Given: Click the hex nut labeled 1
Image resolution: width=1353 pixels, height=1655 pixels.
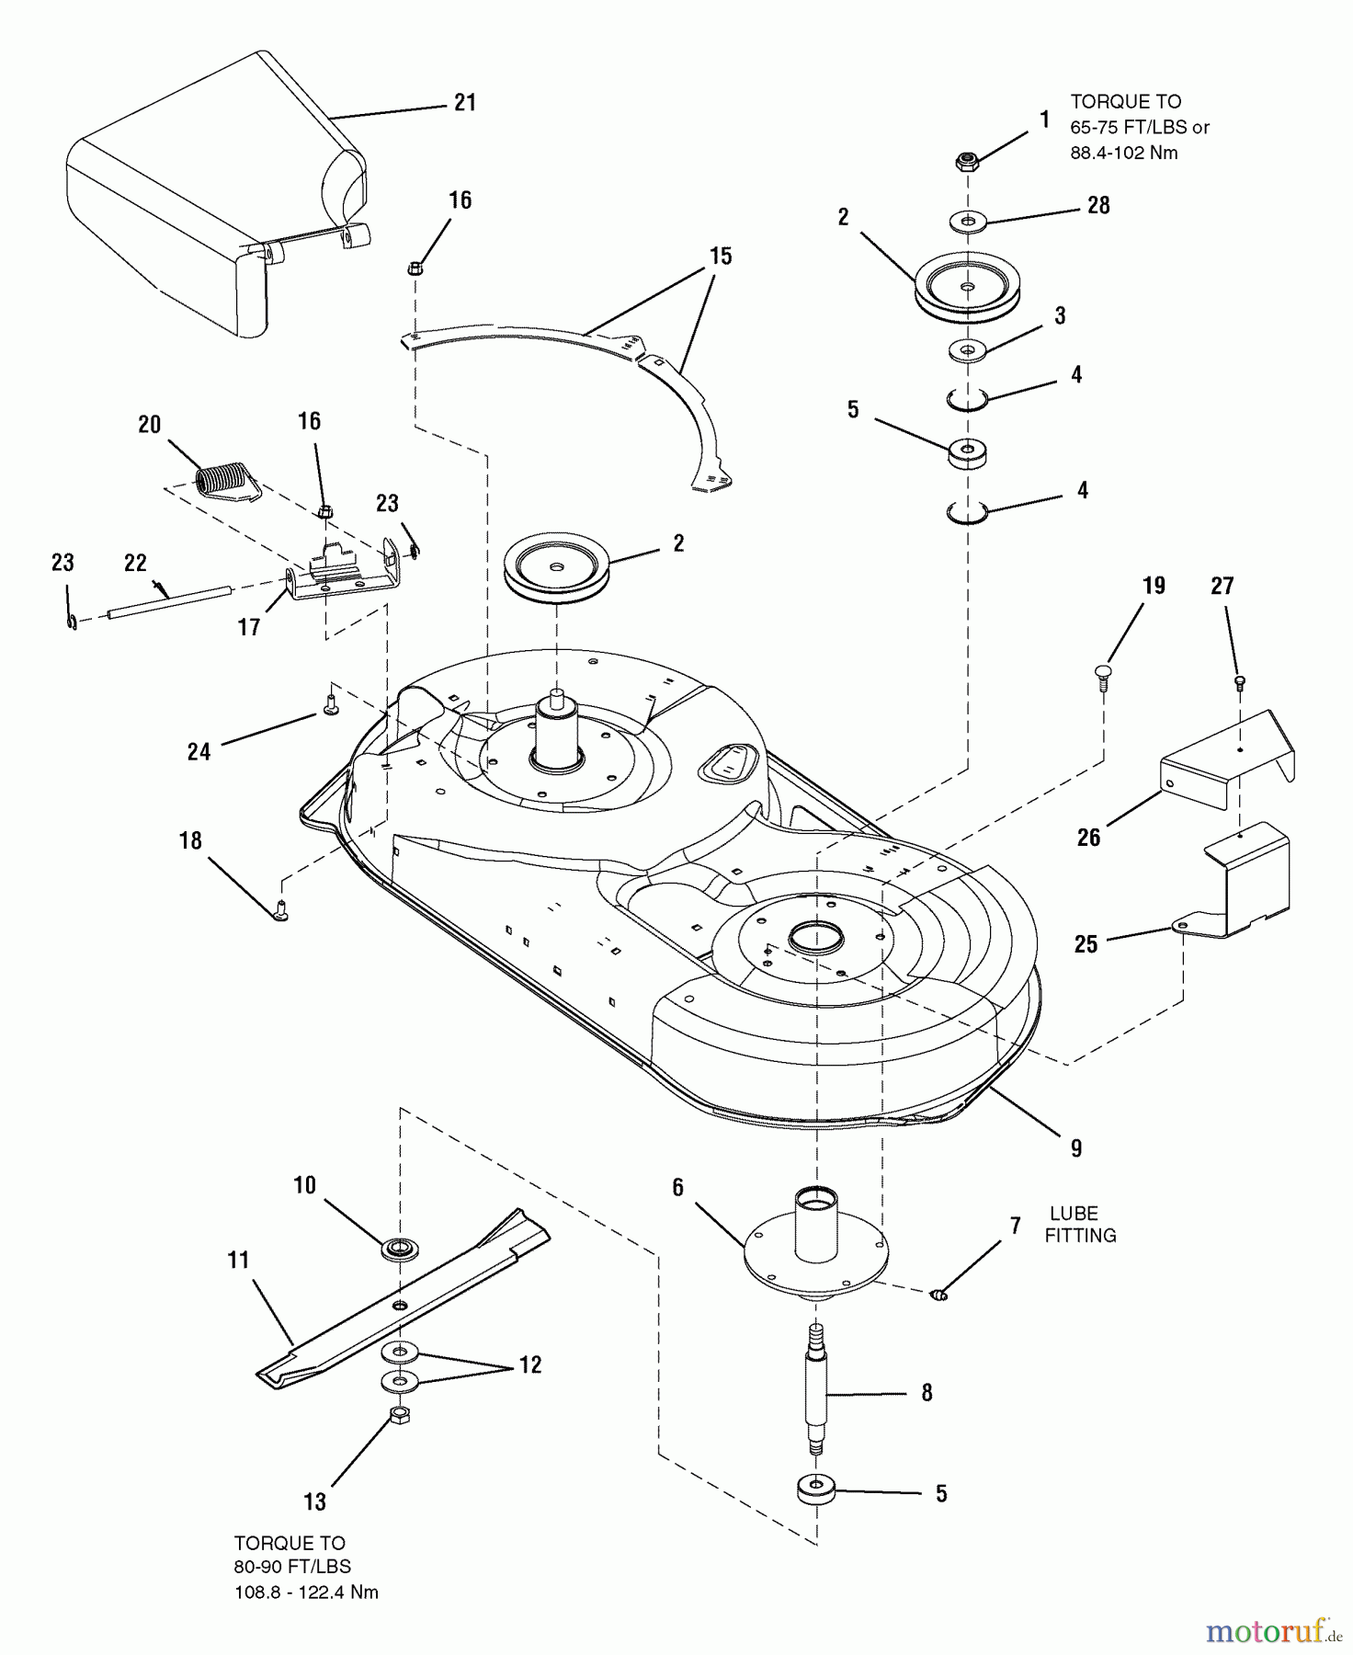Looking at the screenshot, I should pos(967,161).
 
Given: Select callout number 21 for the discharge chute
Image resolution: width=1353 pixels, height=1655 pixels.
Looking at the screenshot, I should pos(465,102).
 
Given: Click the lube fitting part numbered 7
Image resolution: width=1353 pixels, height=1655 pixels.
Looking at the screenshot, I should pos(938,1295).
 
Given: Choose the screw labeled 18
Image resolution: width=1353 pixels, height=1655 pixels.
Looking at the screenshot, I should pos(281,911).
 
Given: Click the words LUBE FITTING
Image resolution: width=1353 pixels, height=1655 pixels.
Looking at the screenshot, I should pos(1080,1225).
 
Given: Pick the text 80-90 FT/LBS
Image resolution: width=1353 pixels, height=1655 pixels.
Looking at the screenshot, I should pos(292,1566).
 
